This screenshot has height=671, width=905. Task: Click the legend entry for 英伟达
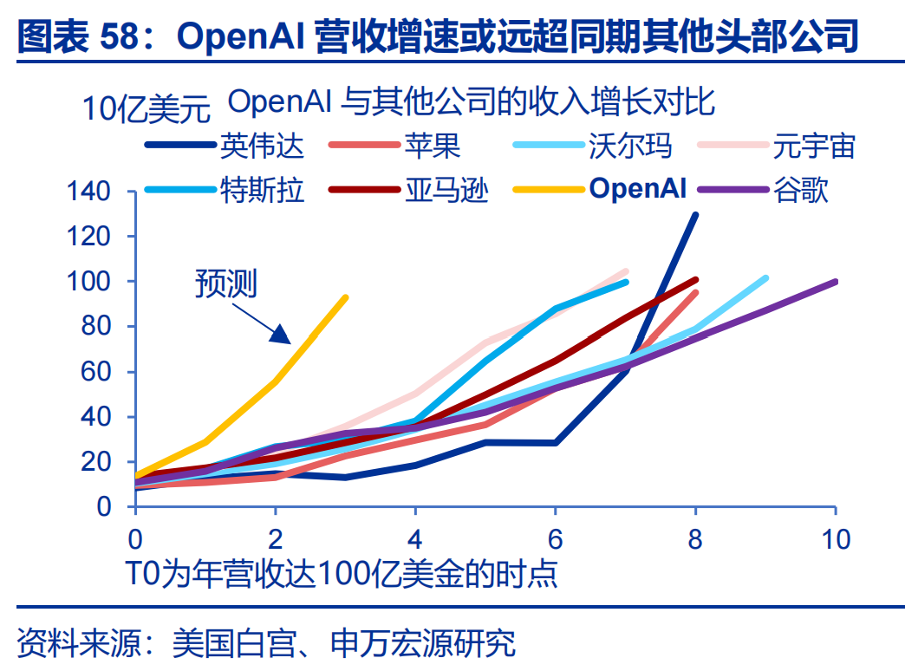[262, 146]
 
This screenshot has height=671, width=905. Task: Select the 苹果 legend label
[433, 146]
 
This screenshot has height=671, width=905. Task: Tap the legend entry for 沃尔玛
[630, 146]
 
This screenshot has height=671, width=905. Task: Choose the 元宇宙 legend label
[814, 146]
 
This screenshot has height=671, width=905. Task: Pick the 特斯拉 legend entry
[262, 189]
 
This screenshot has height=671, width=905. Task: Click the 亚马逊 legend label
[446, 189]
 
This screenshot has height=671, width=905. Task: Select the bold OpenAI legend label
[638, 188]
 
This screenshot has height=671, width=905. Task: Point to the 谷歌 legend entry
[800, 189]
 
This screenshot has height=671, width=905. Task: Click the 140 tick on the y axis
[88, 191]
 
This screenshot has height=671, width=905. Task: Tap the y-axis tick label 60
[95, 371]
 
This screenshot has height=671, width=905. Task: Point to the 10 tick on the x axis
[836, 539]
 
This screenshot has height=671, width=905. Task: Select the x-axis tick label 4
[415, 539]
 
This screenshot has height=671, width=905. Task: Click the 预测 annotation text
[225, 283]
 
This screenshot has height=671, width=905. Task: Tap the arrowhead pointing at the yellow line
[281, 335]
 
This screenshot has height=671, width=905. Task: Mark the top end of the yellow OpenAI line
[346, 298]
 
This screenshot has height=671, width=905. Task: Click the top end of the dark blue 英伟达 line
[695, 215]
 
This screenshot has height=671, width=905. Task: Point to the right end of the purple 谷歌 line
[835, 282]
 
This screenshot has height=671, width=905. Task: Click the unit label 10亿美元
[146, 108]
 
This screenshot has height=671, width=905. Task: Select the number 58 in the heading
[120, 36]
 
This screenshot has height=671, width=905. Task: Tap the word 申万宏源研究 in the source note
[423, 642]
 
